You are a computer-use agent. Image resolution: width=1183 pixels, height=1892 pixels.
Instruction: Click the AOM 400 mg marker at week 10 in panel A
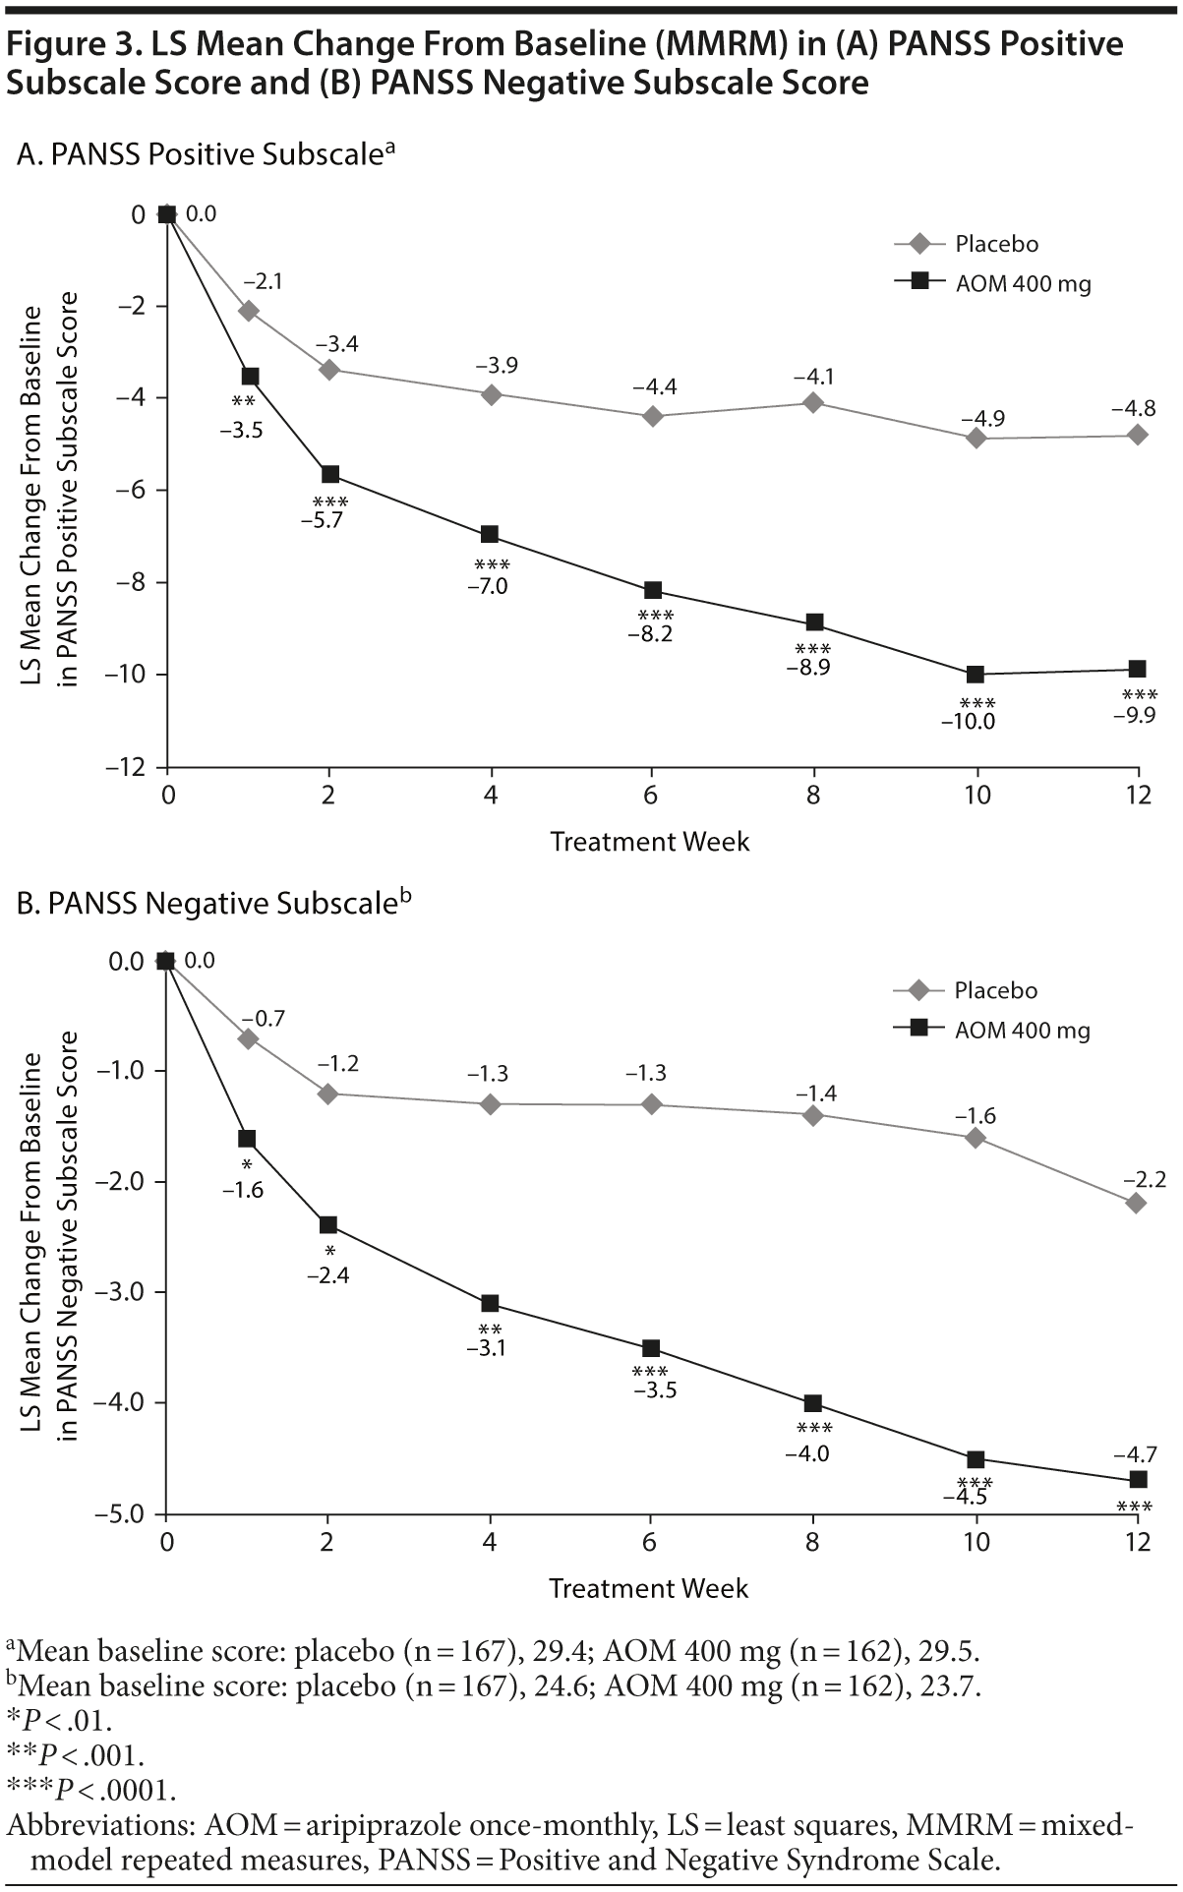pos(976,674)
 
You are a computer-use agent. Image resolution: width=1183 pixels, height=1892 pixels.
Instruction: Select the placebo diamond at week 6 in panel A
pos(651,416)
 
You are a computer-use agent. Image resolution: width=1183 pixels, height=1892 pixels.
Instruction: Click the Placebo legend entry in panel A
pos(995,244)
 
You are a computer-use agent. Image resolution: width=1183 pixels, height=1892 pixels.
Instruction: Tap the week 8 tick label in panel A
pos(813,795)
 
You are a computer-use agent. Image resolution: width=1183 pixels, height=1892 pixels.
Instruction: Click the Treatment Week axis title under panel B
pos(649,1588)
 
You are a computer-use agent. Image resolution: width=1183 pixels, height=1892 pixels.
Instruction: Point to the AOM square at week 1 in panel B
pos(247,1139)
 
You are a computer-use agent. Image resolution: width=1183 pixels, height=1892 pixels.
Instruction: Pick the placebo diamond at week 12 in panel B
pos(1137,1203)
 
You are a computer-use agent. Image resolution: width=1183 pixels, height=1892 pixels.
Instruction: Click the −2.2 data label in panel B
pos(1144,1179)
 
